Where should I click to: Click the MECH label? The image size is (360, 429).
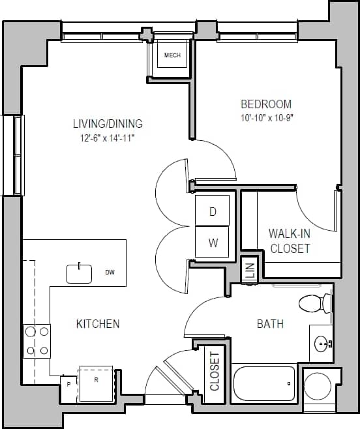point(172,55)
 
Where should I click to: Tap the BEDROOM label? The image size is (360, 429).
point(266,104)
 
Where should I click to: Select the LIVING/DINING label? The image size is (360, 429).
point(108,124)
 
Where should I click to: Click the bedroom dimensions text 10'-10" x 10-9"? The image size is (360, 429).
point(266,119)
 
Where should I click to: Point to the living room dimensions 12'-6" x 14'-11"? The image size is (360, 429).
point(108,138)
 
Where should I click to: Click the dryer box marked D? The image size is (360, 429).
point(213,211)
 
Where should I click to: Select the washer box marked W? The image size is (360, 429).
point(213,243)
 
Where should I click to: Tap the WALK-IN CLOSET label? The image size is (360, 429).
point(290,241)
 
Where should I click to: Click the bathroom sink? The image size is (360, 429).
point(322,343)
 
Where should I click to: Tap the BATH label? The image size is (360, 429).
point(270,323)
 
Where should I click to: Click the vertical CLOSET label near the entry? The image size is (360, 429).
point(215,371)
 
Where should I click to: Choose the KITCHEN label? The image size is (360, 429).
point(98,324)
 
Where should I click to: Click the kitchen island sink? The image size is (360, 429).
point(80,274)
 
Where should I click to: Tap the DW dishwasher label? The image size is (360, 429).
point(110,273)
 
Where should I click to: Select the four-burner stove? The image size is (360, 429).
point(37,341)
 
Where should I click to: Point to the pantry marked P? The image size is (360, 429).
point(68,385)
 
